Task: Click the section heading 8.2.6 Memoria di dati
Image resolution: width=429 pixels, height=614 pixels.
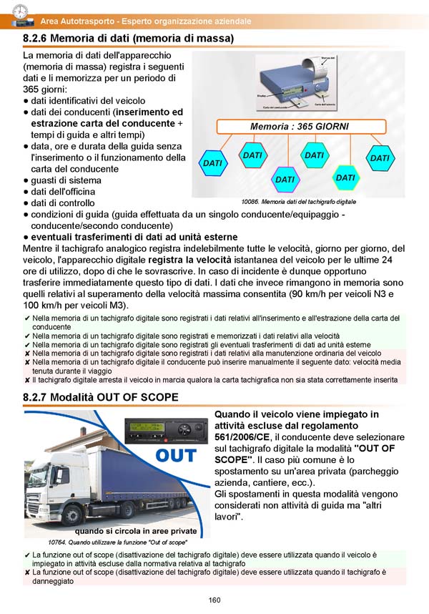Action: [x=129, y=37]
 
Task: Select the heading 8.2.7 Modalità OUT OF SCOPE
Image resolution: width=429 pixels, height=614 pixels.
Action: [x=101, y=397]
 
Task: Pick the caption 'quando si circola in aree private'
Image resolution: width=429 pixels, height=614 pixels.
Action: [x=140, y=530]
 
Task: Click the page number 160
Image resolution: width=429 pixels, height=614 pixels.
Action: [x=214, y=600]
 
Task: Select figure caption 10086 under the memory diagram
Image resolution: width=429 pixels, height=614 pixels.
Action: [x=299, y=203]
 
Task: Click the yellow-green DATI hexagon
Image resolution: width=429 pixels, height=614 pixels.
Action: [x=345, y=177]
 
